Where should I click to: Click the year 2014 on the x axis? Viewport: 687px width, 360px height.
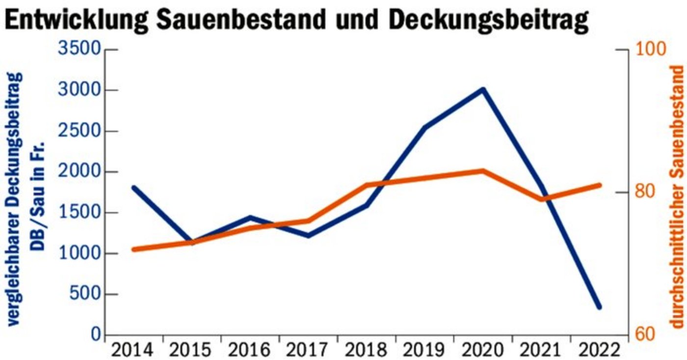[133, 350]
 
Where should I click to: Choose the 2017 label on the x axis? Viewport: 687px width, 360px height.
[308, 350]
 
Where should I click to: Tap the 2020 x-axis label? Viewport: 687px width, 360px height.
[482, 350]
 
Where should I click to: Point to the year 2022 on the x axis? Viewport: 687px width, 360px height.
[599, 350]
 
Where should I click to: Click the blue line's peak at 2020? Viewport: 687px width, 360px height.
[483, 90]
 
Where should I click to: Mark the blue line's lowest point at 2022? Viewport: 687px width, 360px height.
[599, 307]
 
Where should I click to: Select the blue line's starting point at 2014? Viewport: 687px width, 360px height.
[134, 187]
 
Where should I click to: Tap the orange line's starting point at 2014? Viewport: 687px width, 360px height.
[134, 249]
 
